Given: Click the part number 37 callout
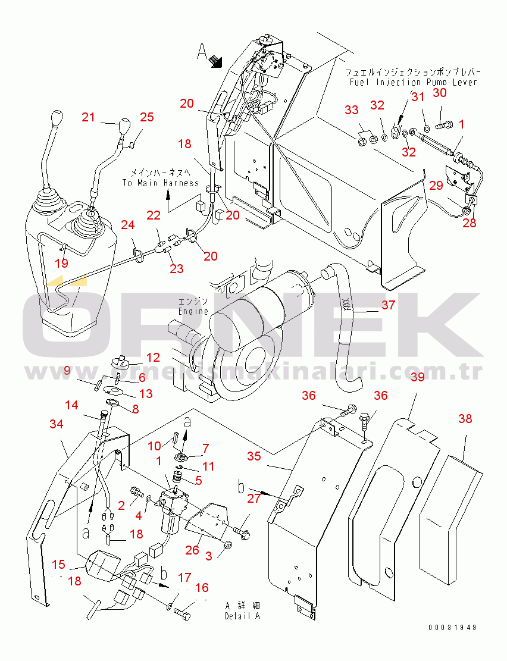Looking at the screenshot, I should (x=389, y=305).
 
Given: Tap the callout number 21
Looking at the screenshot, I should (x=88, y=118).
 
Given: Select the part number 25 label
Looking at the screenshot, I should (x=146, y=118).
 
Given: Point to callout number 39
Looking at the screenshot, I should (x=417, y=378).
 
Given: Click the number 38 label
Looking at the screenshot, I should (x=465, y=419).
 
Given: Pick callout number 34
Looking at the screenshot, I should (x=56, y=424).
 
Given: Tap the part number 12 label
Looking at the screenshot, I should (x=153, y=358).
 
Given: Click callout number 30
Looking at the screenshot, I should (x=439, y=93).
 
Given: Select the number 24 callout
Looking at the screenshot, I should (x=127, y=225).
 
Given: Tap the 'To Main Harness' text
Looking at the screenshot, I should (x=160, y=183).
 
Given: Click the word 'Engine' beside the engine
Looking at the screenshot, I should (x=193, y=311).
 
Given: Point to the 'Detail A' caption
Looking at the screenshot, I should (x=242, y=616).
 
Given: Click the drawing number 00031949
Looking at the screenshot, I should (x=452, y=628).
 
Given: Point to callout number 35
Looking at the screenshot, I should (x=254, y=457).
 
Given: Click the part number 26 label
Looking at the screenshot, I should (x=192, y=550).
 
